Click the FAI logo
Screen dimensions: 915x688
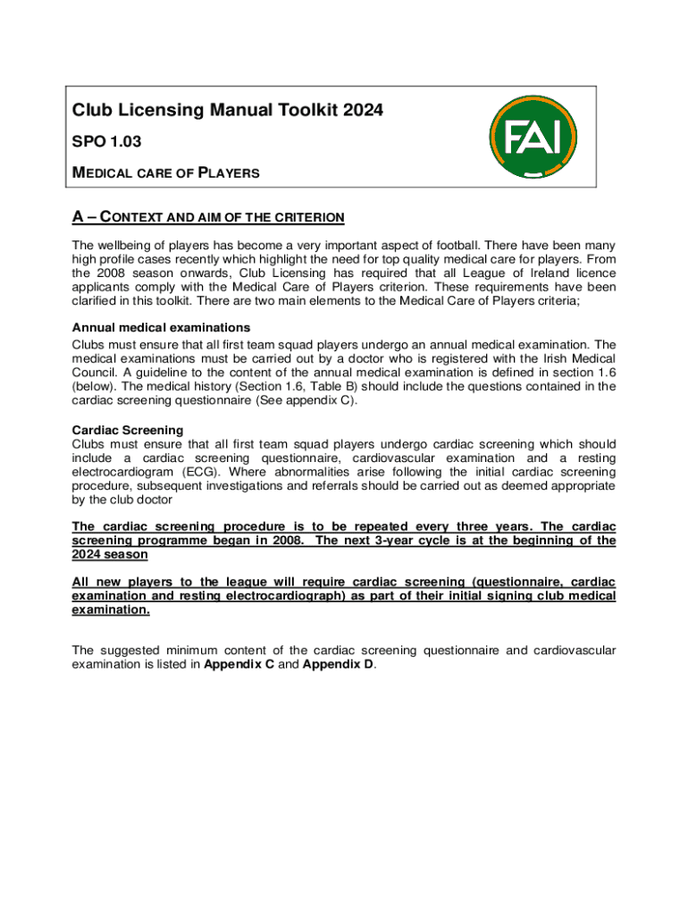point(533,137)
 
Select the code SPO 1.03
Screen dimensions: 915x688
point(106,141)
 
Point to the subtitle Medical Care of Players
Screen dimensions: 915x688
point(166,172)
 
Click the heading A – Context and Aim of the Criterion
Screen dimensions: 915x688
point(208,218)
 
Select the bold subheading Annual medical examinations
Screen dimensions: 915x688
point(161,327)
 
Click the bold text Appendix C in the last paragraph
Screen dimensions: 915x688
point(239,664)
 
